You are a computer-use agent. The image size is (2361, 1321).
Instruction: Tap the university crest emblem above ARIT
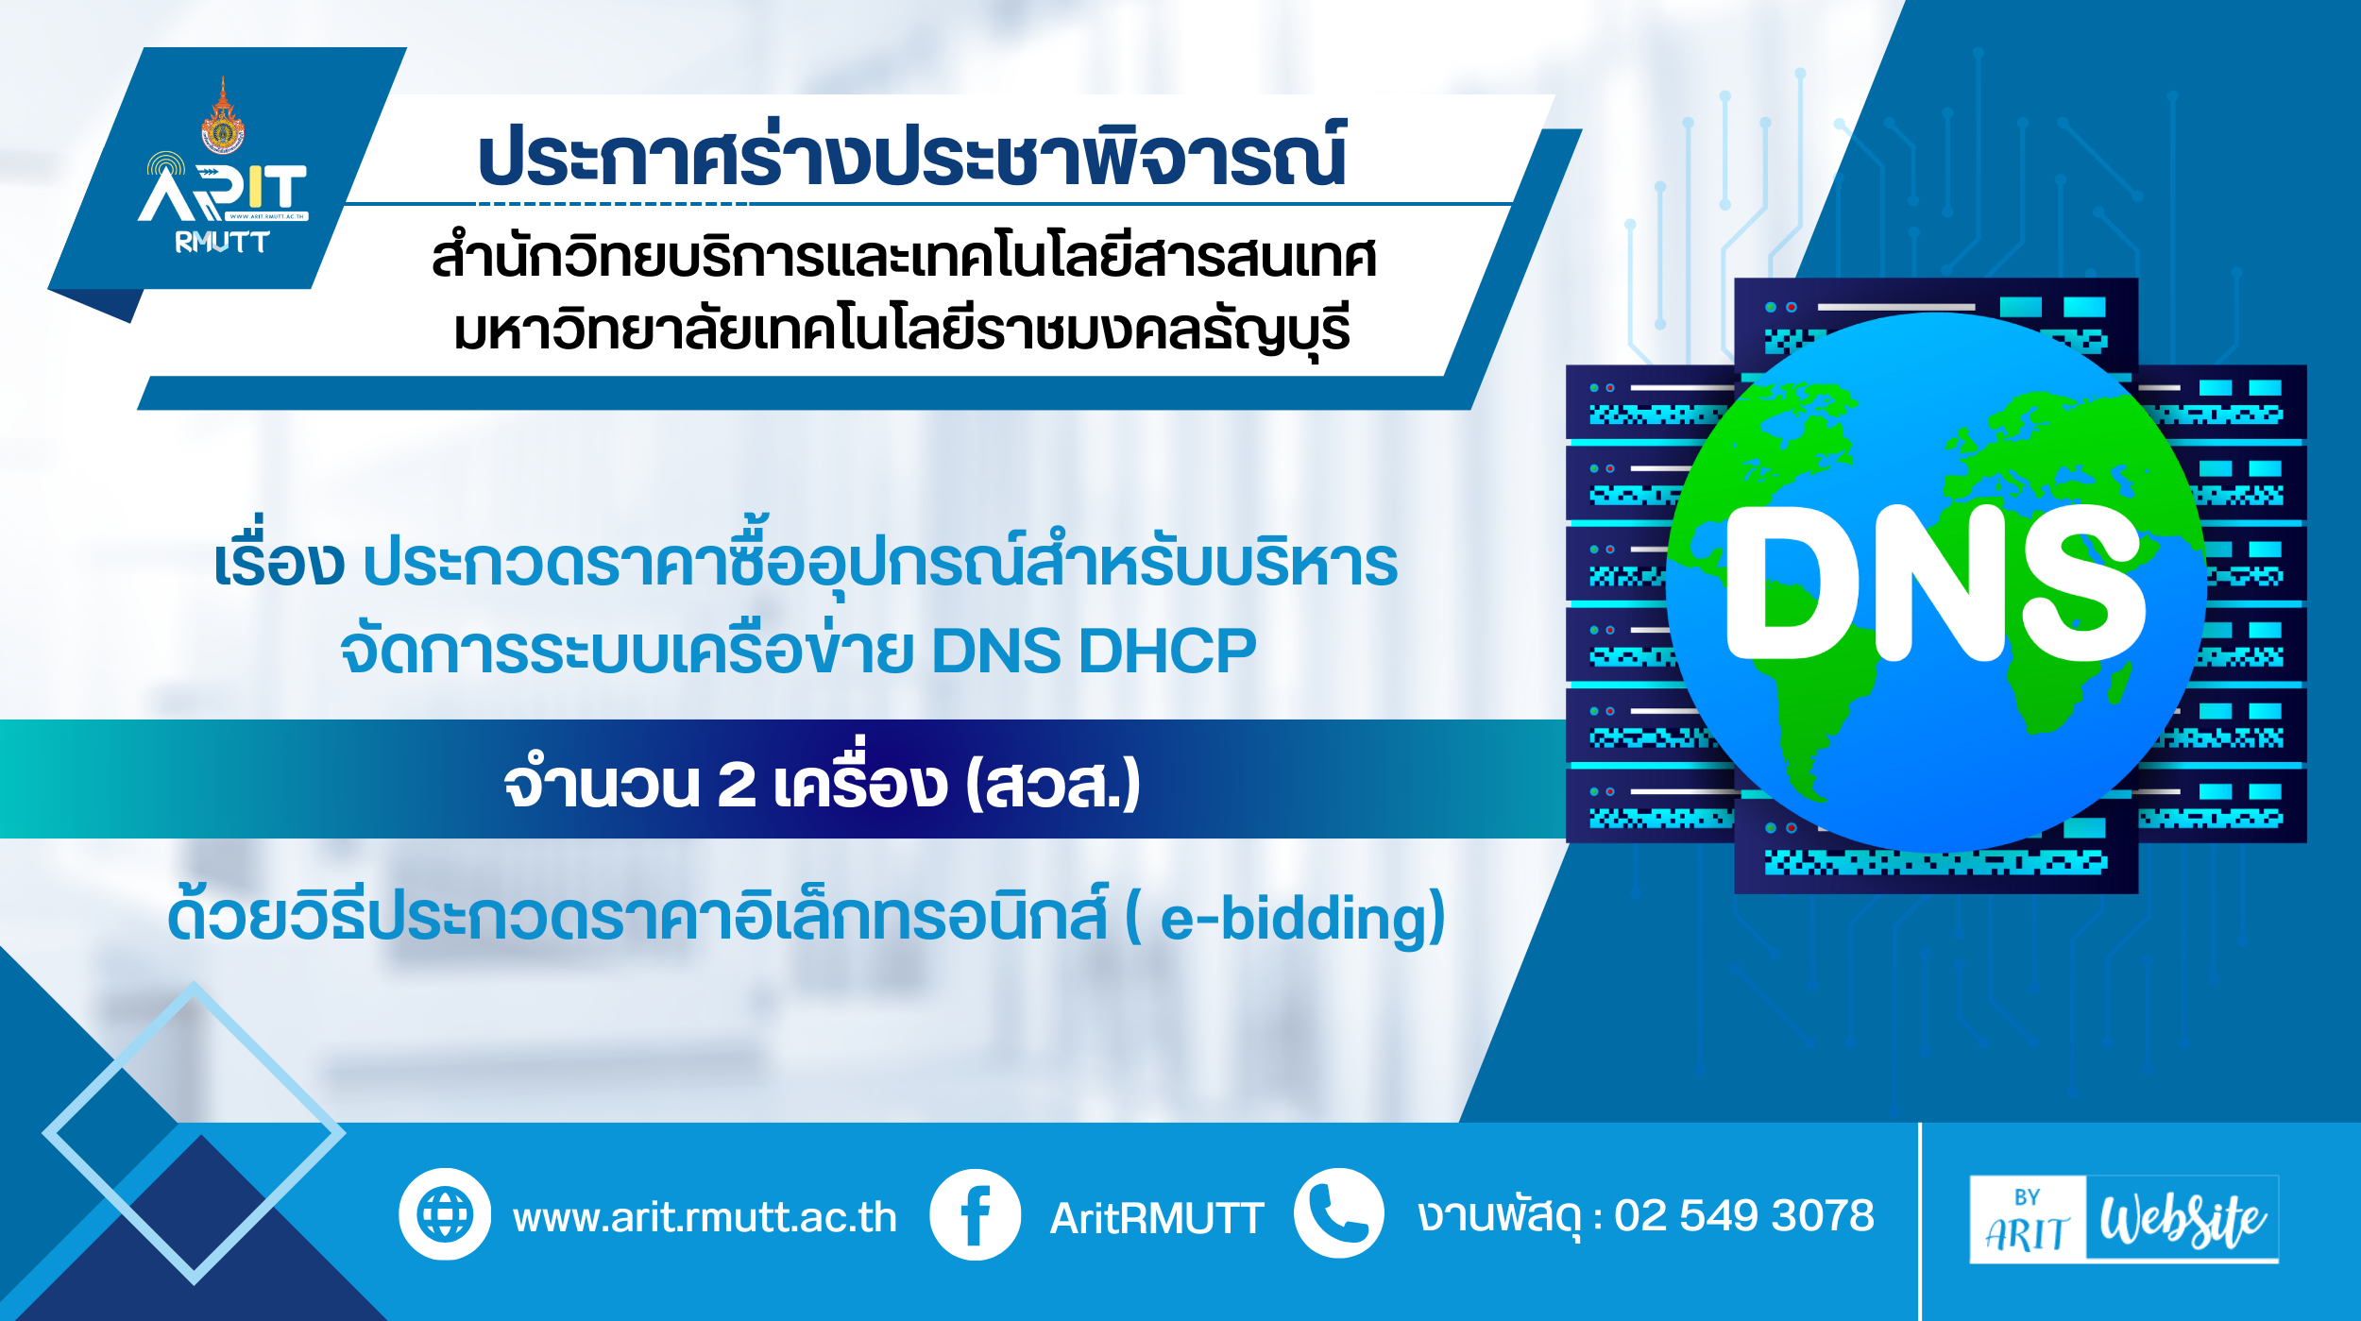coord(223,115)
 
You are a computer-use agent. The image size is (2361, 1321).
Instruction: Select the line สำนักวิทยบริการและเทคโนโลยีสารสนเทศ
coord(904,256)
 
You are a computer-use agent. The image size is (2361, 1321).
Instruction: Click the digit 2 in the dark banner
coord(737,784)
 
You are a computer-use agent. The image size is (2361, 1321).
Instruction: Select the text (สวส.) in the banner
coord(1053,783)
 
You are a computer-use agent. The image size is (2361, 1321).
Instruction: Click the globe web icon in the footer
coord(445,1214)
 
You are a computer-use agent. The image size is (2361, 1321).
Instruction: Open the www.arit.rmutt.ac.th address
coord(705,1217)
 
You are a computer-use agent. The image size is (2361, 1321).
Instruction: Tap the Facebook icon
coord(975,1214)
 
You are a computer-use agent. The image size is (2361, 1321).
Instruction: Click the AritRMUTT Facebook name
coord(1157,1218)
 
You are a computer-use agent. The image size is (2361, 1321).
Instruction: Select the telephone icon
coord(1339,1213)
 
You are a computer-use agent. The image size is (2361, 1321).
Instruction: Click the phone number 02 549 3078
coord(1744,1215)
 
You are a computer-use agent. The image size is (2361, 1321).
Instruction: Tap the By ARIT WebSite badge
coord(2124,1219)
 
